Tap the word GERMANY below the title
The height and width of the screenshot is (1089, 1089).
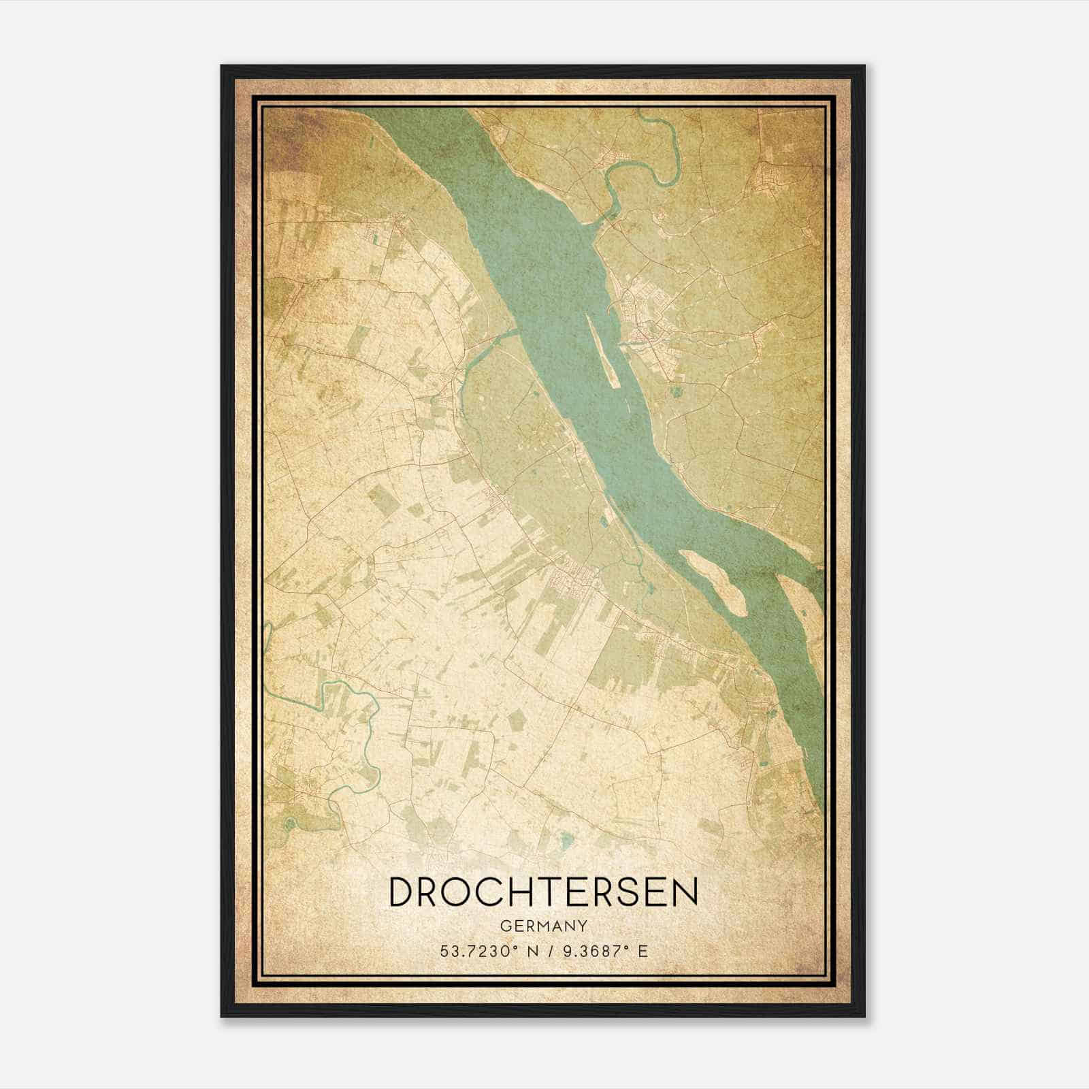pyautogui.click(x=543, y=926)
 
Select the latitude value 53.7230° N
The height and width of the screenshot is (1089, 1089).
pyautogui.click(x=487, y=950)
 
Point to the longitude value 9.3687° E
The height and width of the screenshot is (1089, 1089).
pyautogui.click(x=602, y=950)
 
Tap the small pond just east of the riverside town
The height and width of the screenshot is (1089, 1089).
pyautogui.click(x=675, y=392)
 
